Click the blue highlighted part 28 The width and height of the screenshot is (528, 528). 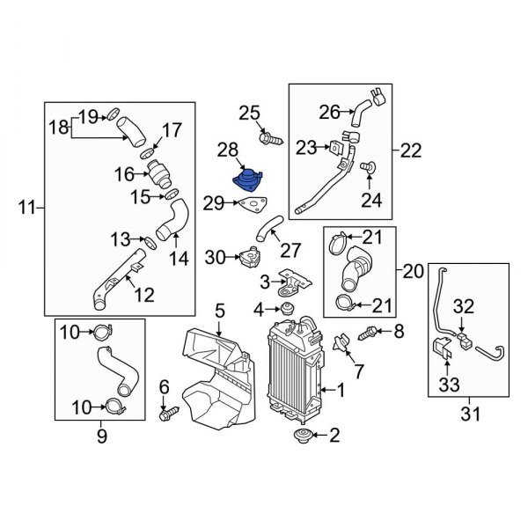click(x=249, y=177)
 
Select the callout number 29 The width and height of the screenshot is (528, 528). click(x=213, y=204)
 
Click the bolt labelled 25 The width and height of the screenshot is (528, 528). click(x=268, y=138)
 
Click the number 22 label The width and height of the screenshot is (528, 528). click(x=412, y=151)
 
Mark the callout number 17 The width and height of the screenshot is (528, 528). click(x=171, y=129)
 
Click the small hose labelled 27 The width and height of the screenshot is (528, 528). click(x=264, y=231)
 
